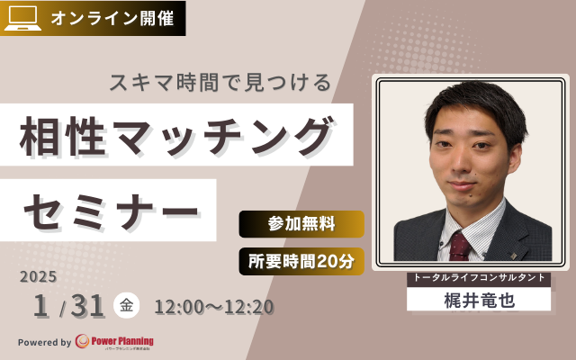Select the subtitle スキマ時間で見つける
[220, 82]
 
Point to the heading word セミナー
[109, 211]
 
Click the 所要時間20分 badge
[301, 261]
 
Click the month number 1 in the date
[40, 307]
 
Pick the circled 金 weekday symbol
[126, 306]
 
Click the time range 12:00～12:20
[214, 307]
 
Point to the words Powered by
[44, 342]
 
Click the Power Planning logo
[115, 342]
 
